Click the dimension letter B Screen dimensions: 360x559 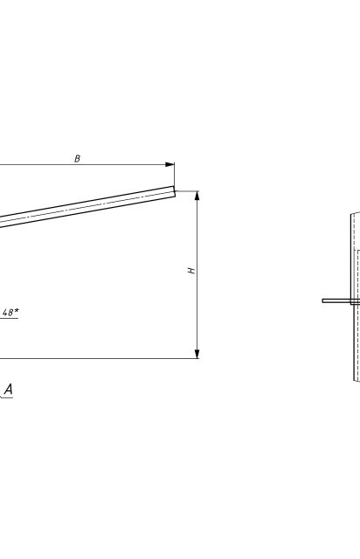coord(77,159)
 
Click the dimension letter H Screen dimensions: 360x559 coord(192,271)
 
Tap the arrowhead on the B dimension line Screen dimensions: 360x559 coord(170,164)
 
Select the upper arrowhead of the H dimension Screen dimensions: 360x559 coord(197,196)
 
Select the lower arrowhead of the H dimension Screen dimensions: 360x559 coord(197,354)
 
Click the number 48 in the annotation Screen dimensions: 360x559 coord(8,313)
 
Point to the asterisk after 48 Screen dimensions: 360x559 coord(16,311)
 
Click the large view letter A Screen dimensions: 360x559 coord(8,389)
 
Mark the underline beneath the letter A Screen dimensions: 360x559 coord(6,397)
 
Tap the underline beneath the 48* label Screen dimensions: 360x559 coord(10,318)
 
